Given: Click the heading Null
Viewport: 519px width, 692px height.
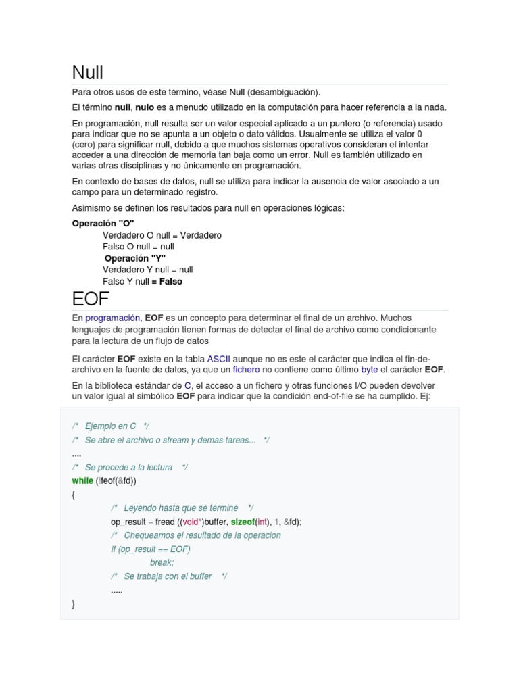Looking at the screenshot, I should pyautogui.click(x=88, y=72).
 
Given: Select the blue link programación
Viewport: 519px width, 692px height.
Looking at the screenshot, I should pyautogui.click(x=113, y=318).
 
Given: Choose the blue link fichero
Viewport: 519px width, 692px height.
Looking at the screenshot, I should pyautogui.click(x=246, y=370).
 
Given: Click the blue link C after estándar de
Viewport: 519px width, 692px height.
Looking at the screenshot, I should pyautogui.click(x=188, y=385).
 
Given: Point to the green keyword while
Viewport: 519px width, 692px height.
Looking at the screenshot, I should pyautogui.click(x=82, y=481).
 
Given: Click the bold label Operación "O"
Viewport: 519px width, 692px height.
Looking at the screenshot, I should pyautogui.click(x=103, y=224).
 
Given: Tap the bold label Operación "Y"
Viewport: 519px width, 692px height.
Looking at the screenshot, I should pyautogui.click(x=135, y=258).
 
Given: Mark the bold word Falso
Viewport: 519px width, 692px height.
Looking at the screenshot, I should pyautogui.click(x=171, y=281).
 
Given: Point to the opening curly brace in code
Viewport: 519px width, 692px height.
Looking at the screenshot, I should pyautogui.click(x=73, y=495).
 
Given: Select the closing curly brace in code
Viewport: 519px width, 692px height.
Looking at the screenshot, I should pyautogui.click(x=73, y=603).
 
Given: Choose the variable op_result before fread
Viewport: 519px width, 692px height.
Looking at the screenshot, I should pyautogui.click(x=131, y=522).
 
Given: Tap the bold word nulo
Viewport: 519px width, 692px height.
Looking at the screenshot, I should pyautogui.click(x=145, y=108).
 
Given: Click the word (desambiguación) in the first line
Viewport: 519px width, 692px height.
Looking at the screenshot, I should pyautogui.click(x=286, y=92).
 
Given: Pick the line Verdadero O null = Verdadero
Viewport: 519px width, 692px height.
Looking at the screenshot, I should pyautogui.click(x=162, y=235).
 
